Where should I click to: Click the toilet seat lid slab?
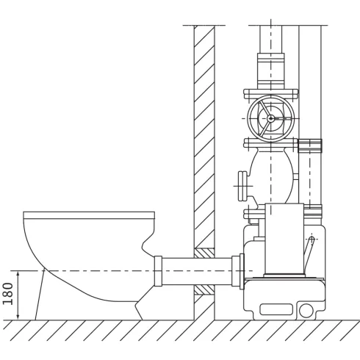point(89,215)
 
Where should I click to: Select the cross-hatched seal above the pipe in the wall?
point(204,252)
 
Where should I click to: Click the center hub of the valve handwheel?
point(270,118)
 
